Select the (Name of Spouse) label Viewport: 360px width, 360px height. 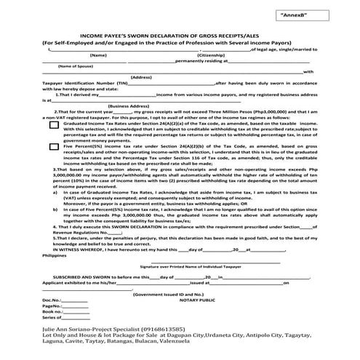[63, 65]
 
